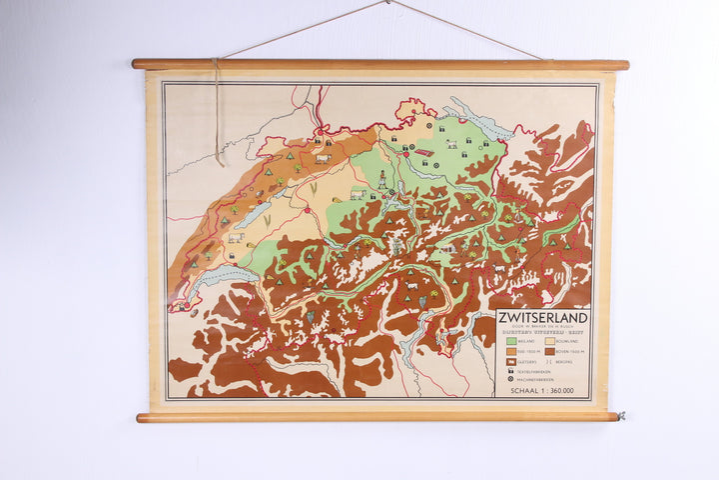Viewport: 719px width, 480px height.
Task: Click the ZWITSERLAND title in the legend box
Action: click(542, 318)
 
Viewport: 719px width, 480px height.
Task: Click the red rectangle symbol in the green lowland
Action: click(424, 153)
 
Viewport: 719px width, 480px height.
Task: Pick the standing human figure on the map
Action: click(381, 180)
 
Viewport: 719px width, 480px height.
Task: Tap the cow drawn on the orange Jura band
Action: click(323, 158)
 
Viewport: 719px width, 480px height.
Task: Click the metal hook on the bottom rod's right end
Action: click(620, 415)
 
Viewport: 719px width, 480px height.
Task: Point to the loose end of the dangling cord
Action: click(219, 162)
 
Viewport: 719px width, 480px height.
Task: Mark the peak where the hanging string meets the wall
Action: click(388, 2)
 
